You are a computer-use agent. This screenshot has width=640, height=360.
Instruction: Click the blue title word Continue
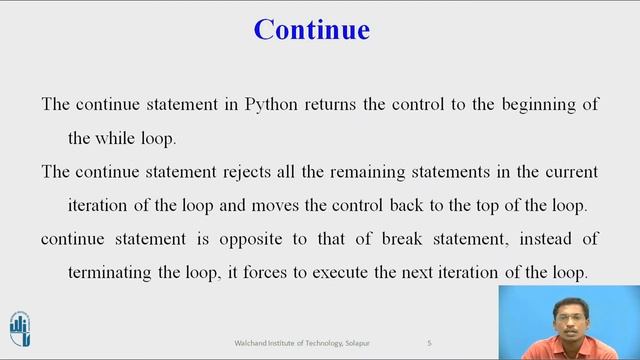[311, 29]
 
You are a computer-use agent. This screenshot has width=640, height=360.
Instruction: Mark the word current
[569, 172]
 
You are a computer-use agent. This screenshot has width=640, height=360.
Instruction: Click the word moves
[306, 205]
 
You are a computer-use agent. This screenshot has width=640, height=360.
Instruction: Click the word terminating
[115, 272]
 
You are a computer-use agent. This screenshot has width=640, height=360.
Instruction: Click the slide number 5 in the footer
[429, 343]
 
